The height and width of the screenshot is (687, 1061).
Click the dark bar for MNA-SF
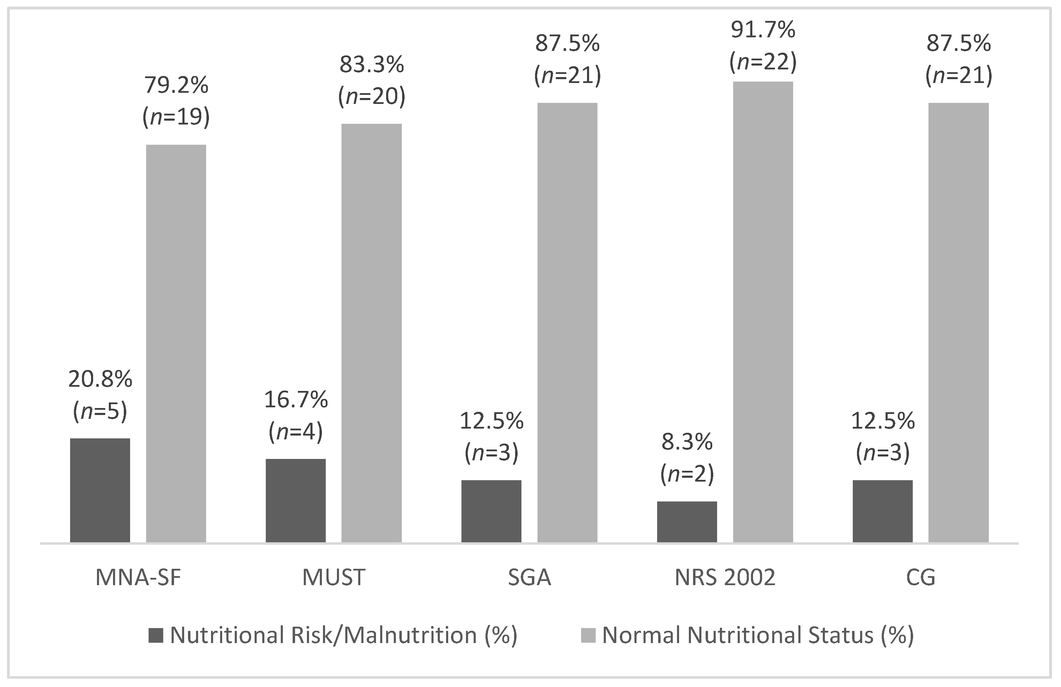(100, 490)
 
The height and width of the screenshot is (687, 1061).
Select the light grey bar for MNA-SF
(176, 343)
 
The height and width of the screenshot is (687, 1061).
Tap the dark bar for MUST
(295, 500)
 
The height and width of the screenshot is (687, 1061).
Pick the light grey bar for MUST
(371, 333)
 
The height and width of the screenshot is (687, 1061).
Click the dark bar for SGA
(491, 511)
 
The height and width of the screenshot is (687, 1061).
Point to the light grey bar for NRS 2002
(763, 312)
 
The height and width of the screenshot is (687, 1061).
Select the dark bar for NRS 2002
(687, 522)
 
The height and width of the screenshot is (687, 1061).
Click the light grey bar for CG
(958, 322)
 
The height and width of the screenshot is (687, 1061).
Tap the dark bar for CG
(883, 511)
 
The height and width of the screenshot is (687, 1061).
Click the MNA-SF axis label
(138, 577)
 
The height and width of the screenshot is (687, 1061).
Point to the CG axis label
(920, 577)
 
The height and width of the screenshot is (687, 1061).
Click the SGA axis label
(529, 577)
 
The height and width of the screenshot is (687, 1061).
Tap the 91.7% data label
(763, 30)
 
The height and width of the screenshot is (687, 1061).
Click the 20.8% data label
(100, 379)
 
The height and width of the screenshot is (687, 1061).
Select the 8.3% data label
(687, 442)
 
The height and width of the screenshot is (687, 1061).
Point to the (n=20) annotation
(372, 96)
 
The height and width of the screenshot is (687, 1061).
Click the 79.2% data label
(176, 85)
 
